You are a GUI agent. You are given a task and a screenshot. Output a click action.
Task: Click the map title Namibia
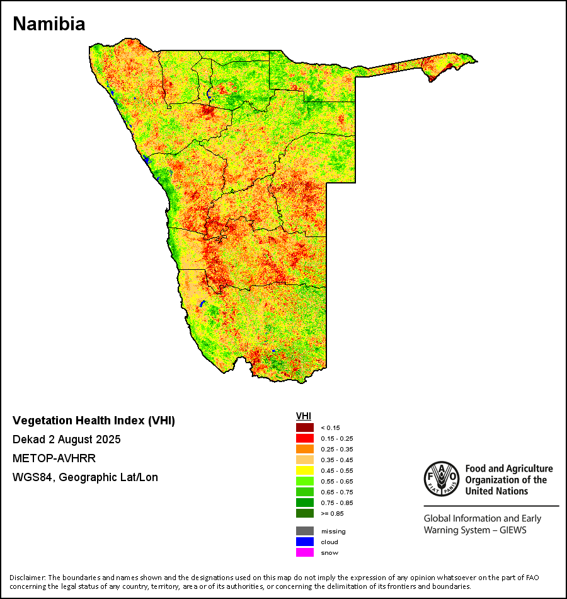49,24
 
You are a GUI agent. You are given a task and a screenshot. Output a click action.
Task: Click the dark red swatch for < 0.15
305,427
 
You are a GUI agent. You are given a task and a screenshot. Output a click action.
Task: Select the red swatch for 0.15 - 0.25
305,438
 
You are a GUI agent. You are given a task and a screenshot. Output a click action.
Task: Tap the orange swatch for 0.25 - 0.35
305,449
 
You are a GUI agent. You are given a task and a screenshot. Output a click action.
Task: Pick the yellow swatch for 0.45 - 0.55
305,470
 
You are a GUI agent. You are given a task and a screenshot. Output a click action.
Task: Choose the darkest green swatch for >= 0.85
305,513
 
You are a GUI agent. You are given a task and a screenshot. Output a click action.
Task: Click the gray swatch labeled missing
305,531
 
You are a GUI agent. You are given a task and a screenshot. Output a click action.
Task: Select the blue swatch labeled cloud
305,542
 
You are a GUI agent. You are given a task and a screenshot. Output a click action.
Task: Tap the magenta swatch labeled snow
305,552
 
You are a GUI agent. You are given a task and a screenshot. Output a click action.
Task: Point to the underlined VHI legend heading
303,416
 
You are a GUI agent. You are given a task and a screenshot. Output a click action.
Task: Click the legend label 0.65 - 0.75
337,492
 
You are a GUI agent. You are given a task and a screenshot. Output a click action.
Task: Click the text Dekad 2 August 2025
67,439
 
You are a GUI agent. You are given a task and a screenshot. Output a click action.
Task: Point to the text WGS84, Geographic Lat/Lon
85,477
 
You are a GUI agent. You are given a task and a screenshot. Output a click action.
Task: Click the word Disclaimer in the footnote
28,578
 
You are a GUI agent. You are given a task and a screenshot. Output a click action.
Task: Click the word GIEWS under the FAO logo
512,530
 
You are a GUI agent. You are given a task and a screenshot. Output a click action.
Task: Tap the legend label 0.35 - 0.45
337,460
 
